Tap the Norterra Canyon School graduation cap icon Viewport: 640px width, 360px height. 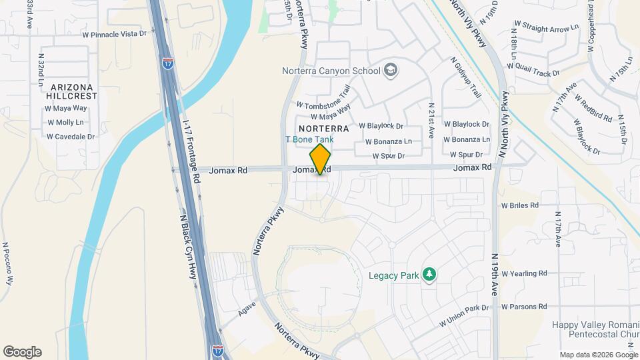390,70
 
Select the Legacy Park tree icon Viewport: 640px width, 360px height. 430,275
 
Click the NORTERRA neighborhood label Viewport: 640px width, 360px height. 324,127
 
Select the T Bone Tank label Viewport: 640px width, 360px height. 309,139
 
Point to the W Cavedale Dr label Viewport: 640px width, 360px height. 71,137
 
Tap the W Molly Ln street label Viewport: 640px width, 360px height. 65,123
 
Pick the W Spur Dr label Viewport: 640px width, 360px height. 389,156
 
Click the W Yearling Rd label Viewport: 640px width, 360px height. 524,273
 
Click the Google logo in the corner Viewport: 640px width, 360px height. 22,352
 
